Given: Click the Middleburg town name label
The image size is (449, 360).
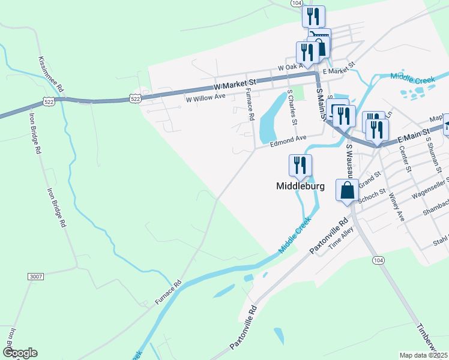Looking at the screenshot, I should (x=300, y=186).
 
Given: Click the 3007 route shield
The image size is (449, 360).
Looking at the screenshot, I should (x=36, y=276).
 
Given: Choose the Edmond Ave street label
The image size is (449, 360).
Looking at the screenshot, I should (x=288, y=139).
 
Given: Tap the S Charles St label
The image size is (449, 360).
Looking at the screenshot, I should (x=292, y=107).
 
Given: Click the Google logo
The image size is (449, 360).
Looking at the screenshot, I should (x=20, y=353).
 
